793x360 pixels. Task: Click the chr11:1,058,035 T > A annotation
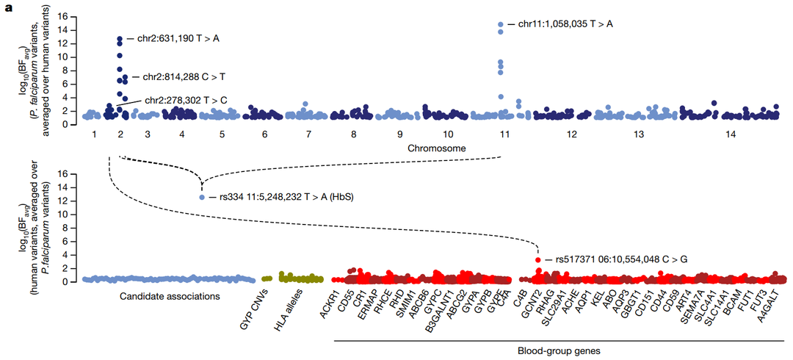tap(565, 24)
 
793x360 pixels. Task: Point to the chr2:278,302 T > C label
tap(185, 100)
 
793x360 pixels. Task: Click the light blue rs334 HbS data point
tap(202, 197)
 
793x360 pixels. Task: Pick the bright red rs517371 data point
tap(538, 260)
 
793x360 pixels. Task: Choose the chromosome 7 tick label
tap(308, 135)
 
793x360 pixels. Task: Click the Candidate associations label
tap(167, 297)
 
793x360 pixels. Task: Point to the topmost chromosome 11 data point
tap(501, 24)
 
